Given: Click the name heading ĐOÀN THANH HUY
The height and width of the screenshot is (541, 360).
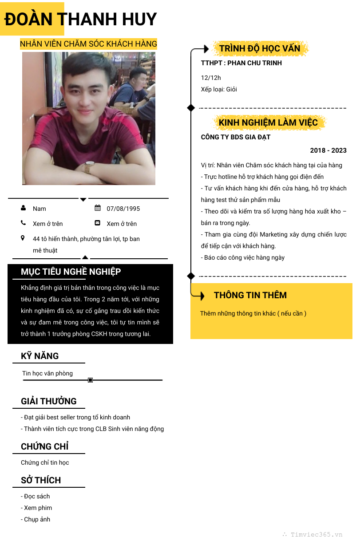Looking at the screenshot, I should point(81,19).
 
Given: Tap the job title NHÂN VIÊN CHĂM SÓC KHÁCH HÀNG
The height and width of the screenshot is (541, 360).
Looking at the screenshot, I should point(88,44).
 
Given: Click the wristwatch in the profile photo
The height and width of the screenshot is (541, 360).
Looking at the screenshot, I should point(88,167).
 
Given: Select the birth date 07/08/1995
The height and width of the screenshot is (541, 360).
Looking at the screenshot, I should point(123,209).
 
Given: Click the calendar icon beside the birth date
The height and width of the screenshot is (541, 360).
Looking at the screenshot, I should point(98,208).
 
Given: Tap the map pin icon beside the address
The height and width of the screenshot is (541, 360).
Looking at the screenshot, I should point(23,238).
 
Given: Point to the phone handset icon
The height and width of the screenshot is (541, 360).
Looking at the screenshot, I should point(23,223).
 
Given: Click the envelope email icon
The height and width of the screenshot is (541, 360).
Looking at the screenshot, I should point(98,223).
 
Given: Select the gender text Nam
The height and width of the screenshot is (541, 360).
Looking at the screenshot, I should point(40,209).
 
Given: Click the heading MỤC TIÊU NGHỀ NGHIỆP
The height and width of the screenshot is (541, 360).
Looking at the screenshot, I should point(71,272).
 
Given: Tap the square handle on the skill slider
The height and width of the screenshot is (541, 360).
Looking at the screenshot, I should point(91,380).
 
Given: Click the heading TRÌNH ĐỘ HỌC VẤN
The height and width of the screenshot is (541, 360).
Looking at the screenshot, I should point(260,48).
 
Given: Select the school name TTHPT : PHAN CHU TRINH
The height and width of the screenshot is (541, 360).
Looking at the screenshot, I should point(241,63).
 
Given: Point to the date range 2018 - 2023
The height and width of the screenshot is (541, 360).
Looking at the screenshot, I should point(328,150).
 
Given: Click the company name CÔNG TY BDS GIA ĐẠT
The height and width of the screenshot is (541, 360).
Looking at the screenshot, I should point(236,137).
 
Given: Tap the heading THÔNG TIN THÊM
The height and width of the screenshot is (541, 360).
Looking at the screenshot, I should point(250,295).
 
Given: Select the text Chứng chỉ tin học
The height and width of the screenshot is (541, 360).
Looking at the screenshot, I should point(45,462).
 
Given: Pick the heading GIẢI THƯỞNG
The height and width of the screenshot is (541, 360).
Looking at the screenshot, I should point(49,401).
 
